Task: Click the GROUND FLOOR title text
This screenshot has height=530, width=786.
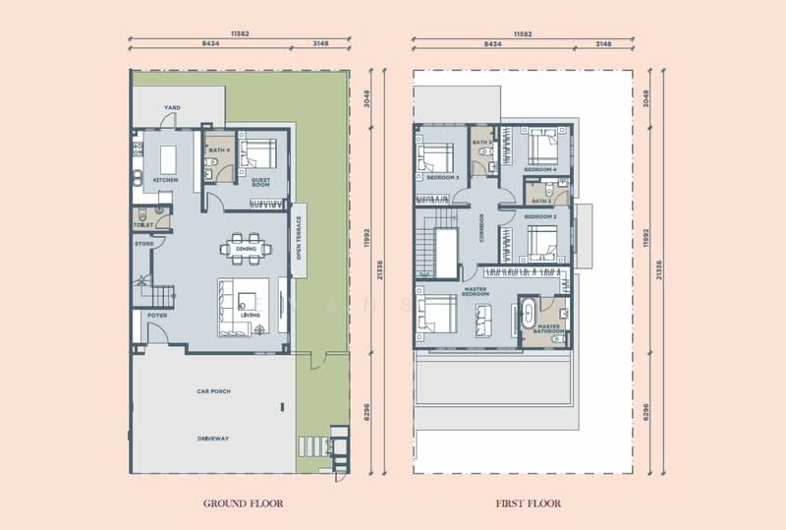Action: click(243, 503)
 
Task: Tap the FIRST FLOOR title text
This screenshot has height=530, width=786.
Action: click(529, 503)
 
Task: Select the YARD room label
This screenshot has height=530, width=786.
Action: click(172, 107)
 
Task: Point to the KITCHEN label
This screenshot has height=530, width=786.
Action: click(164, 181)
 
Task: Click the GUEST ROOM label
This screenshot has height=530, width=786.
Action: click(260, 182)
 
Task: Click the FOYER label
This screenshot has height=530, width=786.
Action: click(156, 316)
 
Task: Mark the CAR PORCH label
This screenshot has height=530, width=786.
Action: click(212, 390)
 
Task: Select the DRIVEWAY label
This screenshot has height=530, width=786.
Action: click(212, 439)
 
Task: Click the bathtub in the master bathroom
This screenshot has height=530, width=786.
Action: click(531, 316)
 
